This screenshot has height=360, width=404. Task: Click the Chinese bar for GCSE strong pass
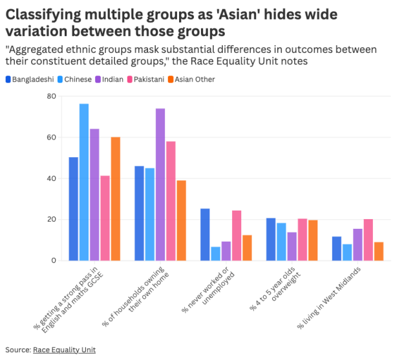(84, 182)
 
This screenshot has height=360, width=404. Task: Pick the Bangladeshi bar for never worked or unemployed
(205, 235)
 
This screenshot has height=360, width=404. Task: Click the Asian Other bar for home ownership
(182, 220)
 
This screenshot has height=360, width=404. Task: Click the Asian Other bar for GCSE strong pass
(115, 199)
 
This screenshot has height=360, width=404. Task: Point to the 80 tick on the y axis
(52, 96)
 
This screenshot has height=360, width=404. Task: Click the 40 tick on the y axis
(52, 178)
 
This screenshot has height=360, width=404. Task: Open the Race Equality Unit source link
(64, 350)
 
